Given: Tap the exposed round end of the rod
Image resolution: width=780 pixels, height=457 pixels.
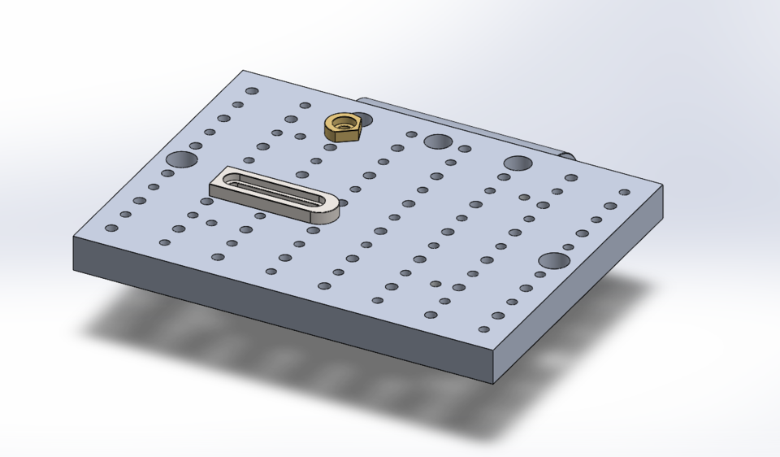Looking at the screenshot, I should (x=569, y=155).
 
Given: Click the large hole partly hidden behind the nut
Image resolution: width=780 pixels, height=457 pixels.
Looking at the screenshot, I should (x=362, y=120).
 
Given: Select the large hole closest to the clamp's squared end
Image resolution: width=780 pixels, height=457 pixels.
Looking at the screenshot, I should (x=181, y=159).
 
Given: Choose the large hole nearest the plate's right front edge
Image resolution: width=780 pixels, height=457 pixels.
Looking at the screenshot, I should (x=554, y=260).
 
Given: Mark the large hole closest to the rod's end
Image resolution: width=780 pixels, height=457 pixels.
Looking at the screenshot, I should (x=517, y=163).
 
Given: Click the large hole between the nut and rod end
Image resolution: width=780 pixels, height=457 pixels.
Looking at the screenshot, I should (x=438, y=141).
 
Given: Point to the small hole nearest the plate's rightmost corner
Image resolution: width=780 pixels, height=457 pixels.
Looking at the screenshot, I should (x=624, y=193).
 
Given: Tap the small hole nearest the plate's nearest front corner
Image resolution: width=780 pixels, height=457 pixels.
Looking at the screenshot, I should (x=484, y=329).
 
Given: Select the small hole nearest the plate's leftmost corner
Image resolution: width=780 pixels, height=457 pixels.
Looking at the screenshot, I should (x=111, y=228).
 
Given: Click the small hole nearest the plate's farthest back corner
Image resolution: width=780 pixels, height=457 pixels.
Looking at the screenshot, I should (x=252, y=91).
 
